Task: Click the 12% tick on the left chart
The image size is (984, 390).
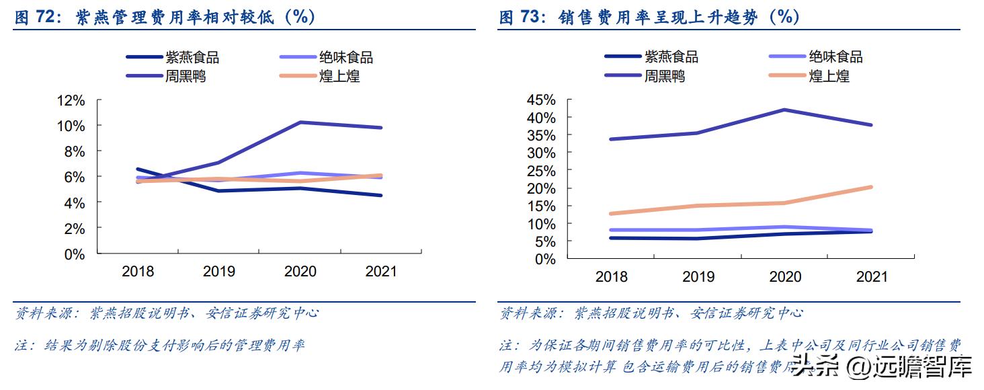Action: [71, 101]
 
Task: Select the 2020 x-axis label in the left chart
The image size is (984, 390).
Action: [300, 272]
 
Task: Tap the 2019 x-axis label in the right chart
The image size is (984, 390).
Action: [698, 276]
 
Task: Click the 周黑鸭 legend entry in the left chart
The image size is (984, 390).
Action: [186, 76]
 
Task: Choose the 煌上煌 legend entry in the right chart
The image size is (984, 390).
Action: [829, 76]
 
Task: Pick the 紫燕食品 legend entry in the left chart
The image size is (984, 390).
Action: [192, 57]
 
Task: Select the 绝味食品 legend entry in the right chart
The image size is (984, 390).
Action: [836, 57]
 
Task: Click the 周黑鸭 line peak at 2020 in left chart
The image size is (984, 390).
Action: [300, 122]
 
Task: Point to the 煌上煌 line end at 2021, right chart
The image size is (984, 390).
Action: [872, 187]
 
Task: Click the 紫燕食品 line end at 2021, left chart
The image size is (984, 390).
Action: [381, 196]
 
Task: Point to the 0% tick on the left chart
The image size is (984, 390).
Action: [75, 255]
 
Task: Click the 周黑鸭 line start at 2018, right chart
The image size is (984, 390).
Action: [610, 139]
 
